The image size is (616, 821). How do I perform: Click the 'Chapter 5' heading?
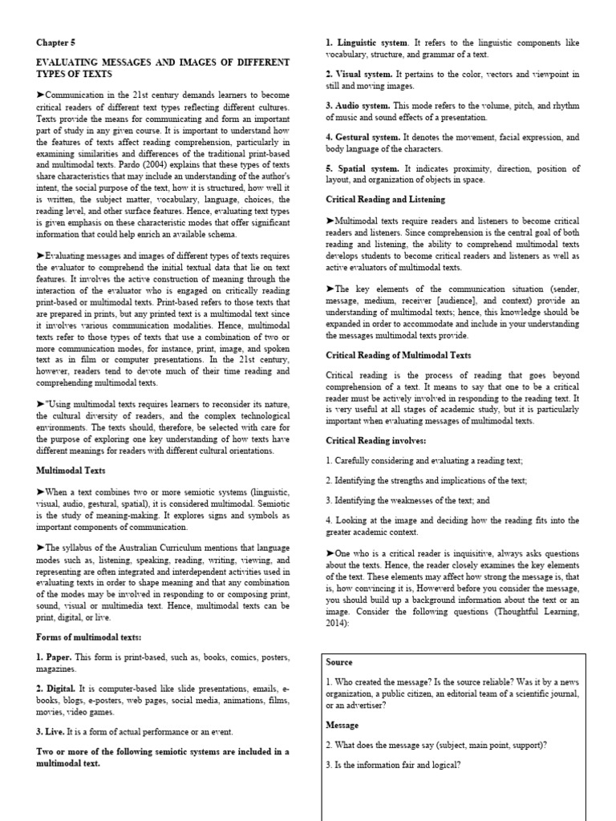[56, 42]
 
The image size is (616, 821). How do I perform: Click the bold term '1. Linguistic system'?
[367, 42]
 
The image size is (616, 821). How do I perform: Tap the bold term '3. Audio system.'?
[358, 106]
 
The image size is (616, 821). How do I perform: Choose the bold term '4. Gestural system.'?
[363, 138]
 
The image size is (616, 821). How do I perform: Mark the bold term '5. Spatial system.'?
[361, 168]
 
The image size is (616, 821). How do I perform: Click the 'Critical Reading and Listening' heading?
[385, 199]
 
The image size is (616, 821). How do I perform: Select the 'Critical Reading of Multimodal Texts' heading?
[398, 354]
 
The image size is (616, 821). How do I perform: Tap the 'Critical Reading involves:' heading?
[375, 440]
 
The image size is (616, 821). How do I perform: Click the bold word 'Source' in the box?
[340, 662]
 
